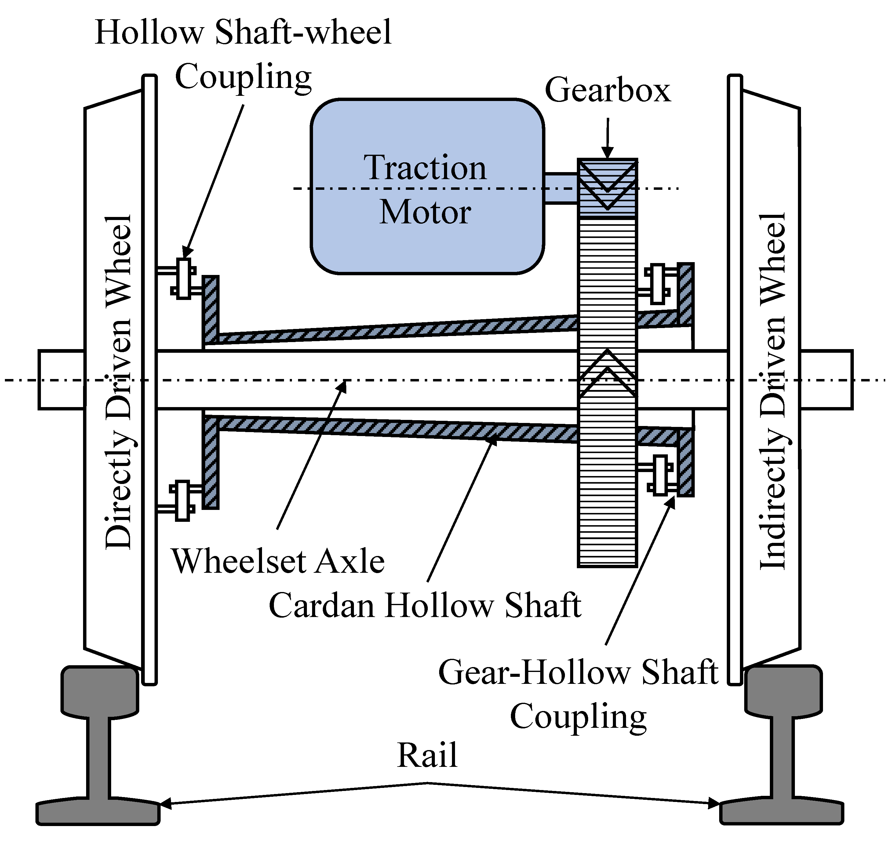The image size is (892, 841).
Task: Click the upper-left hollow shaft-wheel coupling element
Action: (183, 278)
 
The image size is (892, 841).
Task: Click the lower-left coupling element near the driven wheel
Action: (182, 501)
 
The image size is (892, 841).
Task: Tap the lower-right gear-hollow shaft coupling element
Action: (660, 475)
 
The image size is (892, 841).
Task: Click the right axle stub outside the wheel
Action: (826, 380)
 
